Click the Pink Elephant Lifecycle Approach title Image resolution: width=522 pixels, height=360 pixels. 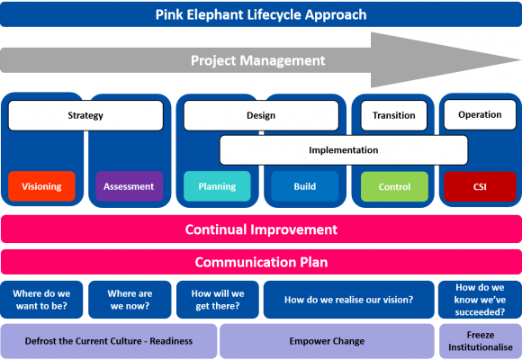click(x=261, y=14)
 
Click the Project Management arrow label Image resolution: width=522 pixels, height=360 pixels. click(x=257, y=60)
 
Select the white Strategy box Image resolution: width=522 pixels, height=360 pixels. click(x=85, y=115)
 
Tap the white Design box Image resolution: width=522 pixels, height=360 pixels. click(x=261, y=115)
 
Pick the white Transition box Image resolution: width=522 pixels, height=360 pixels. click(x=393, y=115)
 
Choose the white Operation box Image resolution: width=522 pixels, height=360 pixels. click(x=480, y=114)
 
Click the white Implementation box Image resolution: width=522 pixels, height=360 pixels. click(x=343, y=150)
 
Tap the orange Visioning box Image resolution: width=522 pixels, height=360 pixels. click(x=41, y=186)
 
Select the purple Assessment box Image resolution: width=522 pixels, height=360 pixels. click(x=130, y=186)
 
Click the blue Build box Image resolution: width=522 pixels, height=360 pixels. click(x=304, y=186)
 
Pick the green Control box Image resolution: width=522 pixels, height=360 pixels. click(x=394, y=186)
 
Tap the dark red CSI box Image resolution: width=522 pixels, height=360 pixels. click(x=480, y=186)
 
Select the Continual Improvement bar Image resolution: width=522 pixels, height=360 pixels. click(x=261, y=229)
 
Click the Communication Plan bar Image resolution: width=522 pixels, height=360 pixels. click(x=261, y=263)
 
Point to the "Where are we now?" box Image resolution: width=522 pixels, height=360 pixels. click(x=130, y=300)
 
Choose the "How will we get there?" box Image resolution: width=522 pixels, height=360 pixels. click(x=217, y=300)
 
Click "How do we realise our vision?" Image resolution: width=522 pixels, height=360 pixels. click(x=348, y=300)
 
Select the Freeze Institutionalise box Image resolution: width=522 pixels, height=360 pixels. click(x=480, y=341)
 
